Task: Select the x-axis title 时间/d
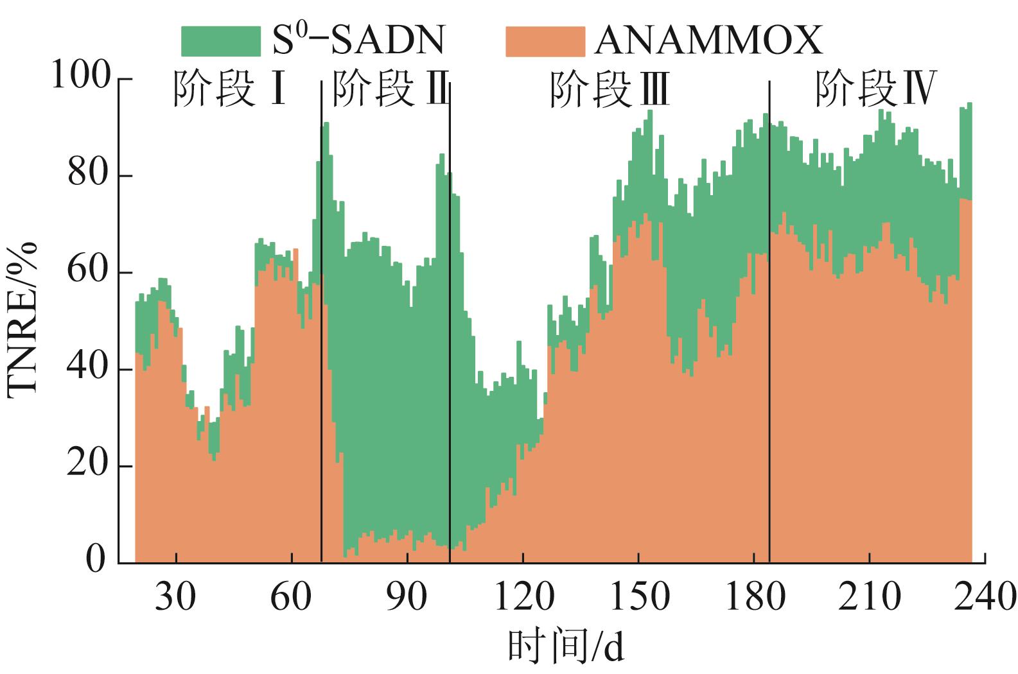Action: (x=565, y=648)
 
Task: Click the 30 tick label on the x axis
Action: (x=176, y=597)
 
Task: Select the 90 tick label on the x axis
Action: (x=407, y=597)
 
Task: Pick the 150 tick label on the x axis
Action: (x=638, y=597)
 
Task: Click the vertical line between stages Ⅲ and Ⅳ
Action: (x=769, y=321)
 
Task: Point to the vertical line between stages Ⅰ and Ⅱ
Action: (x=321, y=321)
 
